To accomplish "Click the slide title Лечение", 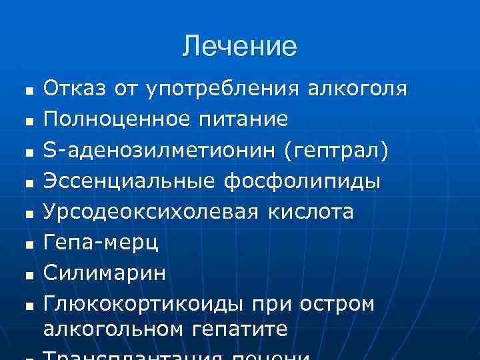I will (240, 47).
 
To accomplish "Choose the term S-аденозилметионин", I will (159, 151).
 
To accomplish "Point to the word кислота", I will (311, 212).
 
